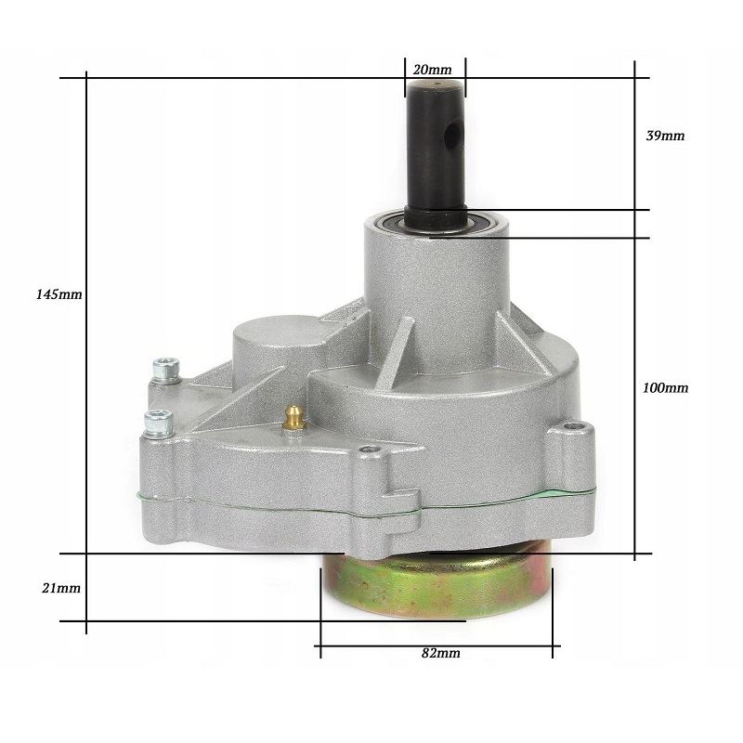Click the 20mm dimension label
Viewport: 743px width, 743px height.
point(432,70)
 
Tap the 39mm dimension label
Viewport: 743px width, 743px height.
point(665,136)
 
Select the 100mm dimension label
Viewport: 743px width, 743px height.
point(665,388)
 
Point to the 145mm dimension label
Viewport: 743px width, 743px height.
point(59,294)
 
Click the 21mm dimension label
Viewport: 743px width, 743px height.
point(61,589)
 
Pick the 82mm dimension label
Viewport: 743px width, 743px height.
point(440,654)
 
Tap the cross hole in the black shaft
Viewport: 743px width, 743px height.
point(455,134)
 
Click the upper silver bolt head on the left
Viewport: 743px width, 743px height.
point(166,371)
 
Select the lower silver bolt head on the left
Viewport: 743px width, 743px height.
point(159,424)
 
